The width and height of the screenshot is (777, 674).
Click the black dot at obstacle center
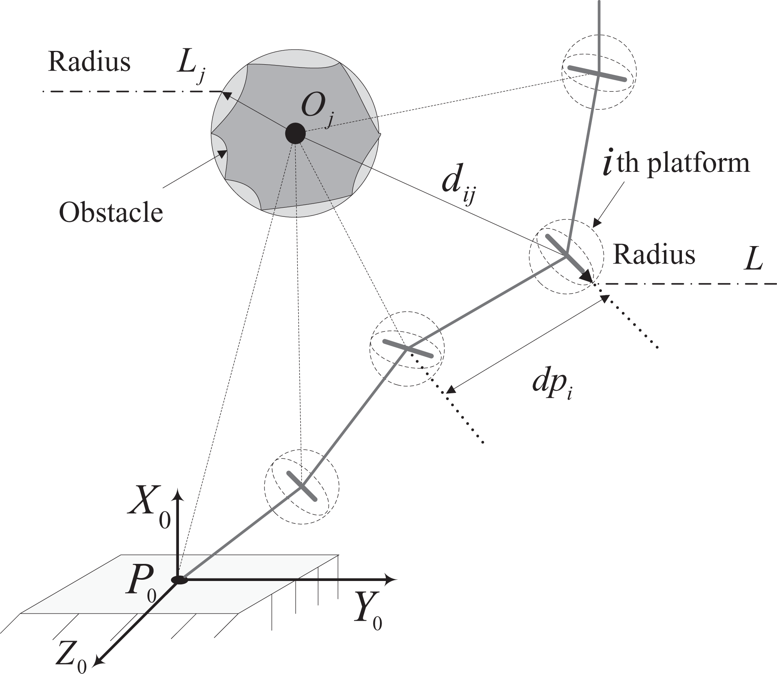click(295, 134)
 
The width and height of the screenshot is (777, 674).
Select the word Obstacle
click(111, 213)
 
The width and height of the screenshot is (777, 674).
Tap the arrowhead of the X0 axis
click(179, 495)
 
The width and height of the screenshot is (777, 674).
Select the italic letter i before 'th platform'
click(607, 162)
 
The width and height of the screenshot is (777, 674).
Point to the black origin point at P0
click(179, 580)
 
